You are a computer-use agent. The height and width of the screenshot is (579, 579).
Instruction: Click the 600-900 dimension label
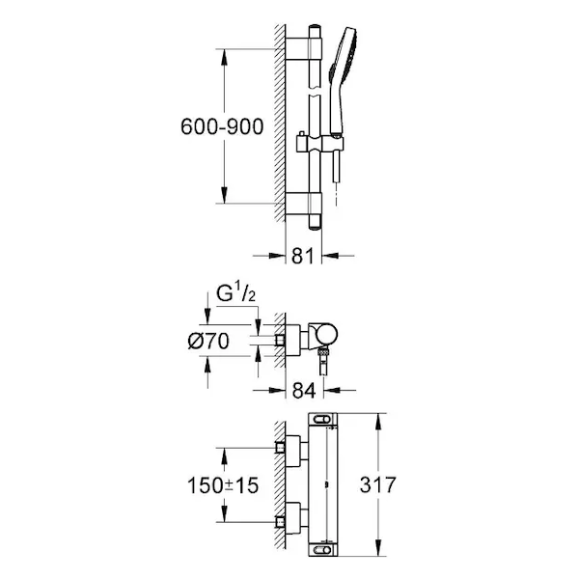(222, 126)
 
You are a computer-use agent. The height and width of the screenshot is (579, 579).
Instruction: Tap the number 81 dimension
(303, 256)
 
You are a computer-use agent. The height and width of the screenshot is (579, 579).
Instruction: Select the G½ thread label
(235, 294)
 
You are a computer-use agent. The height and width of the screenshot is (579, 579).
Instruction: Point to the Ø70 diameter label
(208, 341)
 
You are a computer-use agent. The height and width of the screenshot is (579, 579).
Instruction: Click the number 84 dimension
(304, 390)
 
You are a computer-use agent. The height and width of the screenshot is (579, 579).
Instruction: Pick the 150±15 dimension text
(223, 485)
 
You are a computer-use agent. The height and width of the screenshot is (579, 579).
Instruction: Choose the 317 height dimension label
(377, 484)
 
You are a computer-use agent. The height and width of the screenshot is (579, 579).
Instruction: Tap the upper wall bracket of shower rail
(304, 49)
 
